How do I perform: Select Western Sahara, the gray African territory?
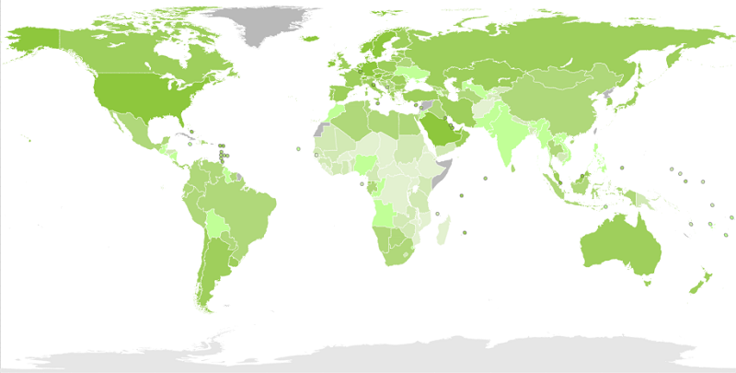pos(321,129)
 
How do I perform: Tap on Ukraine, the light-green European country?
pos(410,71)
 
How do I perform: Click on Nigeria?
pos(366,165)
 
